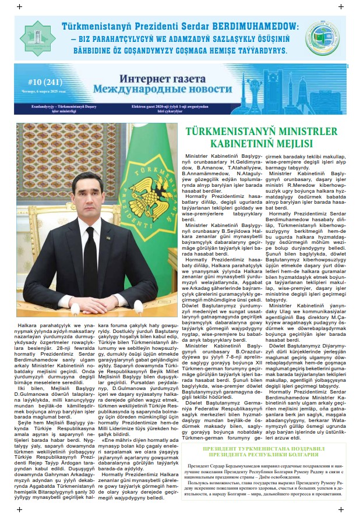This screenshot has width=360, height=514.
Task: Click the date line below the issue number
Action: pos(41,92)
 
